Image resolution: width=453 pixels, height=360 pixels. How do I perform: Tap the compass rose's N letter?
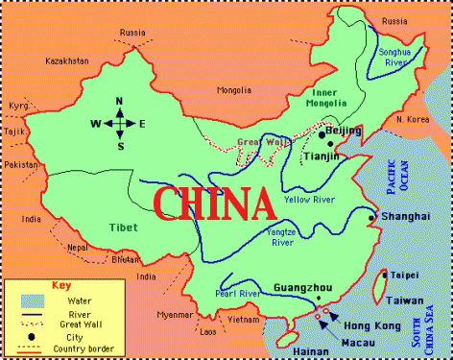coord(120,101)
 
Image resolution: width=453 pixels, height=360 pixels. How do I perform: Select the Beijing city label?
coord(344,131)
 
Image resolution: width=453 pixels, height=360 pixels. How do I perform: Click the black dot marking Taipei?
coord(384,275)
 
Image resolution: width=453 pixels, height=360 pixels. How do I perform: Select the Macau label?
coord(356,342)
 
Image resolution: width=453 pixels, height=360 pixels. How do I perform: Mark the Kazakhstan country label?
coord(66,60)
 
